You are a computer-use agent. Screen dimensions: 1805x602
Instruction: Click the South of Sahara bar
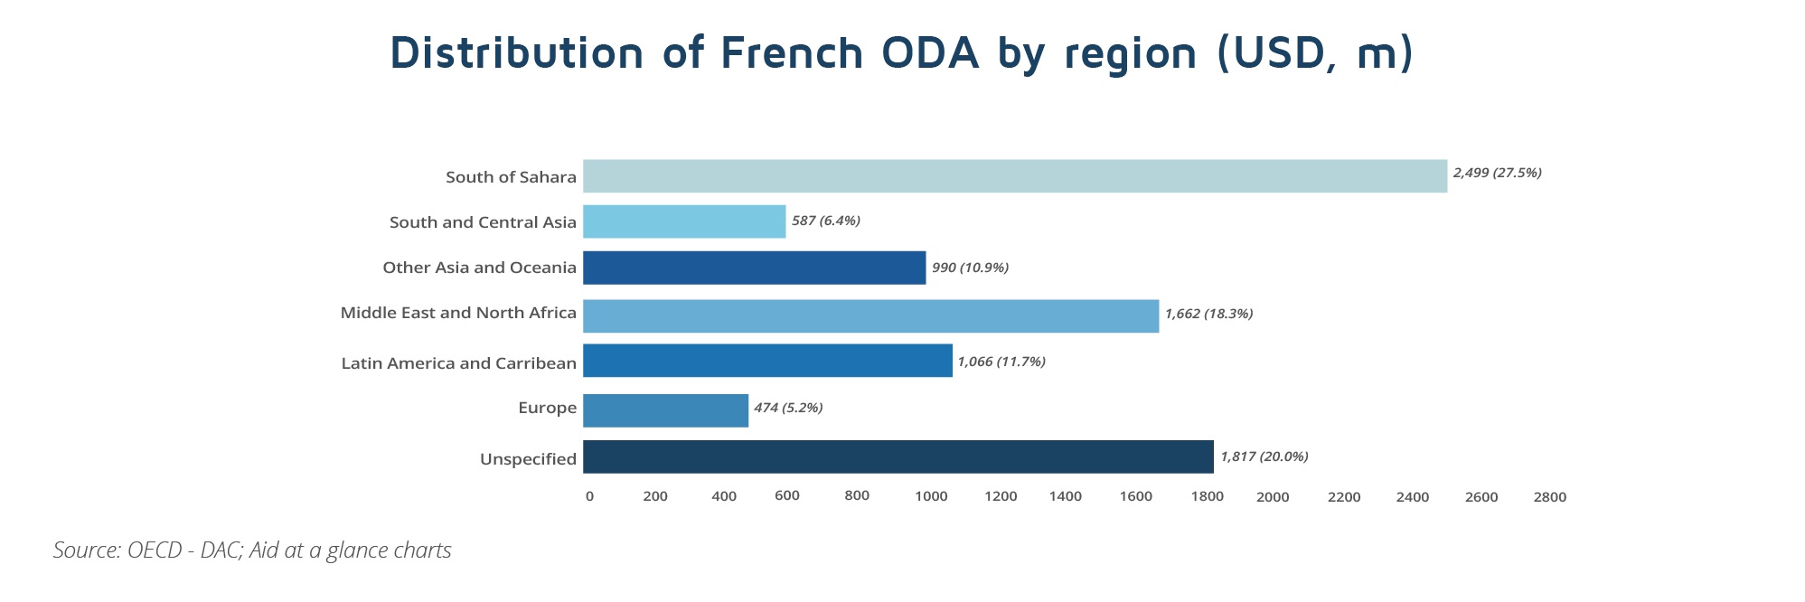pyautogui.click(x=1015, y=176)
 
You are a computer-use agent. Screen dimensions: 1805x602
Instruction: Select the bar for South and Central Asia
pyautogui.click(x=684, y=221)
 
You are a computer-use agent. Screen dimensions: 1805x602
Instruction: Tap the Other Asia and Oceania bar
pyautogui.click(x=755, y=268)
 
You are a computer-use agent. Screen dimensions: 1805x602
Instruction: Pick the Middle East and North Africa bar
pyautogui.click(x=870, y=316)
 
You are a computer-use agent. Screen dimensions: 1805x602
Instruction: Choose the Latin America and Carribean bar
pyautogui.click(x=767, y=361)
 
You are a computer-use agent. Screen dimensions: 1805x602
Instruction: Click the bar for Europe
pyautogui.click(x=665, y=410)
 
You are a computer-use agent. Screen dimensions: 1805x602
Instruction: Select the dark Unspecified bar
pyautogui.click(x=898, y=456)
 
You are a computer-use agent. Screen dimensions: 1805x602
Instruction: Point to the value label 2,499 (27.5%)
pyautogui.click(x=1497, y=173)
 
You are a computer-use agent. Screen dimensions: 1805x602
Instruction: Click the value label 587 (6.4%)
pyautogui.click(x=825, y=221)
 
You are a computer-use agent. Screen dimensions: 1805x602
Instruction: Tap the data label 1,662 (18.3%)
pyautogui.click(x=1208, y=314)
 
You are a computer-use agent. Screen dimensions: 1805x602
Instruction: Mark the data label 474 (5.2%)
pyautogui.click(x=788, y=408)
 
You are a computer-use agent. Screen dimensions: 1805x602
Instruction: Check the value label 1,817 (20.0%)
pyautogui.click(x=1264, y=456)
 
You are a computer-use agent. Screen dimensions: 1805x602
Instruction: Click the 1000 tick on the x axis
pyautogui.click(x=931, y=496)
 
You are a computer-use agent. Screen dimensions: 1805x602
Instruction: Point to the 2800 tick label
pyautogui.click(x=1550, y=497)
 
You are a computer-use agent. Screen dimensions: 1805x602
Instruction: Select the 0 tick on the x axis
pyautogui.click(x=589, y=496)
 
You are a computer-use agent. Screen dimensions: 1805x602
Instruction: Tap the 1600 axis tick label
pyautogui.click(x=1136, y=496)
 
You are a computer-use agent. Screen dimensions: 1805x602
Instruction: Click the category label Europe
pyautogui.click(x=547, y=408)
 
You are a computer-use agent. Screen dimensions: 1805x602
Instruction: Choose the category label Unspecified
pyautogui.click(x=528, y=459)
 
